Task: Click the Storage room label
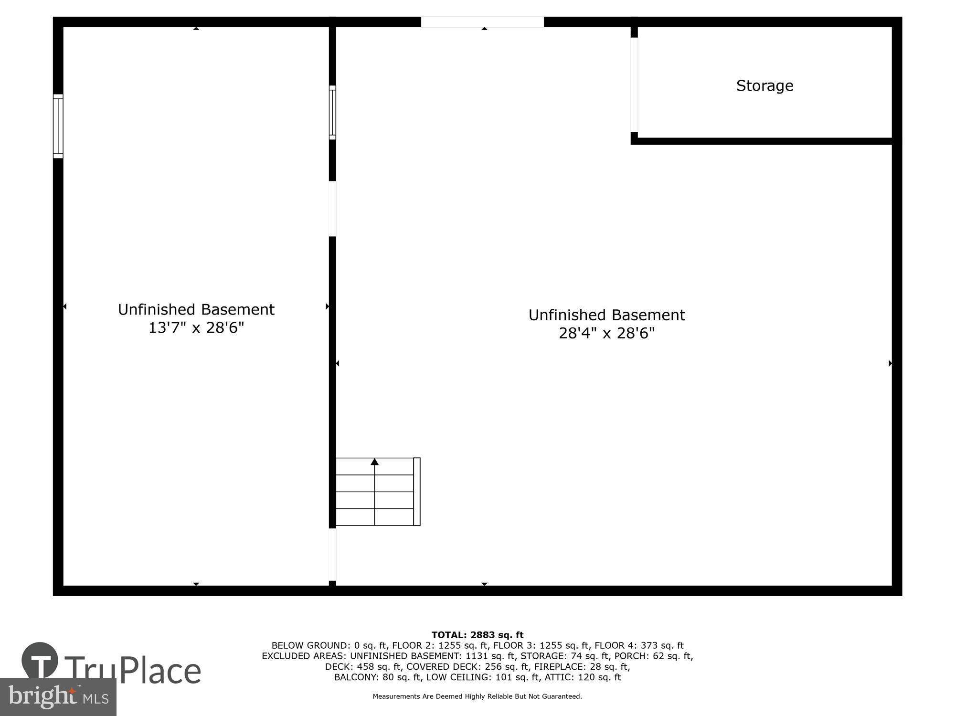pyautogui.click(x=764, y=86)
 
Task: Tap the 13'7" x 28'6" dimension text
pyautogui.click(x=196, y=328)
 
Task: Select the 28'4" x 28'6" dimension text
pyautogui.click(x=606, y=333)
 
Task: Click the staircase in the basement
pyautogui.click(x=375, y=492)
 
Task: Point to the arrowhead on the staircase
pyautogui.click(x=375, y=462)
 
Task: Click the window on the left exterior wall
pyautogui.click(x=58, y=126)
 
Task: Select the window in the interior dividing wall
pyautogui.click(x=332, y=113)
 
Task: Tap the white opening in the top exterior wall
pyautogui.click(x=482, y=22)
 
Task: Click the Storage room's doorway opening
pyautogui.click(x=634, y=84)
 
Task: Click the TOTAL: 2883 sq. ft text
pyautogui.click(x=477, y=635)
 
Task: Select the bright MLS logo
pyautogui.click(x=58, y=697)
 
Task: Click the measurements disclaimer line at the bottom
pyautogui.click(x=477, y=696)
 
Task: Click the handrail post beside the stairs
pyautogui.click(x=417, y=492)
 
